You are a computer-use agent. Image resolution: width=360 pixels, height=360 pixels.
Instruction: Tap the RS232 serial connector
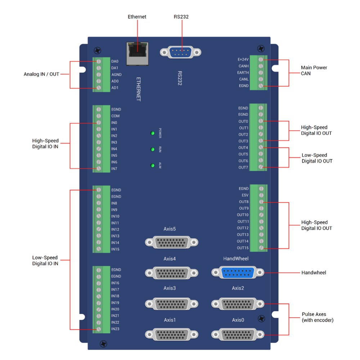tap(181, 52)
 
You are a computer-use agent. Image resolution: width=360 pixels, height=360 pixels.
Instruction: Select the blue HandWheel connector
tap(238, 273)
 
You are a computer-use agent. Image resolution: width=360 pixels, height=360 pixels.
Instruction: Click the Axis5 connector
tap(172, 242)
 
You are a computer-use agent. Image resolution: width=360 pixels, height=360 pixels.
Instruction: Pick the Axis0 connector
tap(238, 334)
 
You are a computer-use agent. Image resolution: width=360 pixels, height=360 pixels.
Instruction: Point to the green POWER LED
tap(153, 133)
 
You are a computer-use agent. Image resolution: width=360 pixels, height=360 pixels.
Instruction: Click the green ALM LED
tap(153, 166)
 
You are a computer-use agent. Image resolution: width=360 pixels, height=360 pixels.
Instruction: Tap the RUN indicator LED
tap(153, 149)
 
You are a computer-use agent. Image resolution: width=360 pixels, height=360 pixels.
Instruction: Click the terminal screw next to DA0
tap(99, 62)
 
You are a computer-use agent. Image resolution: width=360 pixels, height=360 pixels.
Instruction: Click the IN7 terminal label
tap(114, 169)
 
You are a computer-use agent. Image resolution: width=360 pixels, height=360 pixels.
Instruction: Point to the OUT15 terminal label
tap(243, 248)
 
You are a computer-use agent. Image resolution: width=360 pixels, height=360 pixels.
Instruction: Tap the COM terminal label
tap(115, 116)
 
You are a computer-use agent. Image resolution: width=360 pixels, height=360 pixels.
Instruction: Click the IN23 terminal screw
tap(99, 329)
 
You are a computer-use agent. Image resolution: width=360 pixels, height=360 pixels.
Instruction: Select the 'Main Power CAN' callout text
tap(314, 70)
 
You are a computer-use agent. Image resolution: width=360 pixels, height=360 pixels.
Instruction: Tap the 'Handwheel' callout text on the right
tap(314, 273)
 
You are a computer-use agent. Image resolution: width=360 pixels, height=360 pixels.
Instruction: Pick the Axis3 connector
tap(172, 303)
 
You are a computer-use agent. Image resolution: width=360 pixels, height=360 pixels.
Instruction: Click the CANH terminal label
tap(243, 66)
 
